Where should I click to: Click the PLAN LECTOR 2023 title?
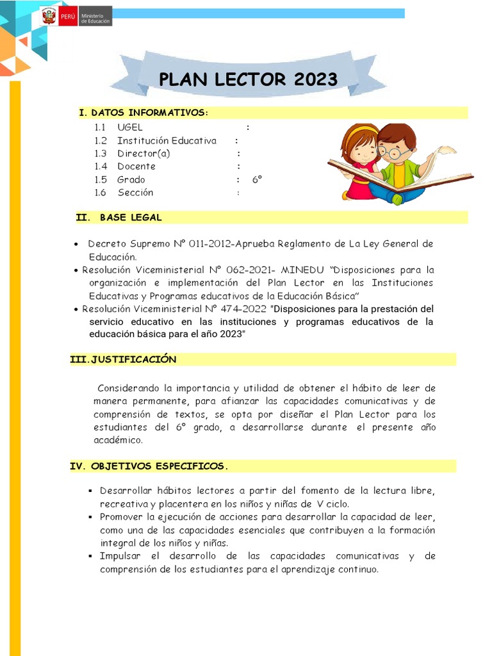point(248,79)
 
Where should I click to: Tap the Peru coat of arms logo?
point(49,17)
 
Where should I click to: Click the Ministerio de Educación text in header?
point(95,17)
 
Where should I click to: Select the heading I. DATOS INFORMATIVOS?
point(143,113)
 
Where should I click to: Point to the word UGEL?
point(130,127)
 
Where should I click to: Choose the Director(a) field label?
point(143,154)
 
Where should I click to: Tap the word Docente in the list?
point(136,167)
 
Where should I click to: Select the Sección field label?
point(135,193)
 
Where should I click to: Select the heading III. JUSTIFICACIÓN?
point(123,360)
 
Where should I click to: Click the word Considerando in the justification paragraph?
point(128,388)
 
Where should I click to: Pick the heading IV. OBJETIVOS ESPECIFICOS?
point(149,466)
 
